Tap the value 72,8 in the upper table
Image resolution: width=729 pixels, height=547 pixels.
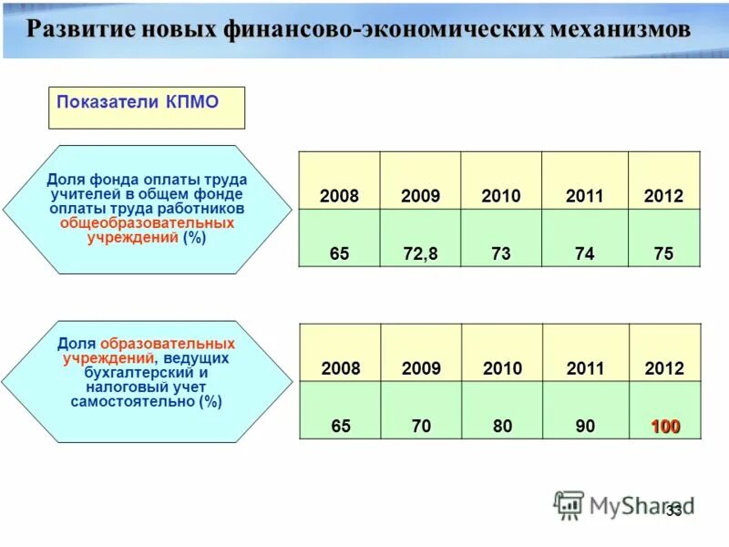(x=420, y=254)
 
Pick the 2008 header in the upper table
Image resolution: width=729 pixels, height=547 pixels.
(x=339, y=197)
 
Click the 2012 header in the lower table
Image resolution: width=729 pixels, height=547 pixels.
(x=663, y=369)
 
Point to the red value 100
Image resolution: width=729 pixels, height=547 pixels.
(x=664, y=427)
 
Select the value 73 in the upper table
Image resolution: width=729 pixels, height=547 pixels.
(x=501, y=254)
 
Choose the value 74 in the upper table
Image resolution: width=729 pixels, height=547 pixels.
(x=584, y=254)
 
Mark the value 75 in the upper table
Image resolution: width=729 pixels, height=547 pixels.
(x=663, y=254)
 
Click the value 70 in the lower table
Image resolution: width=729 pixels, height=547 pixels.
(x=420, y=427)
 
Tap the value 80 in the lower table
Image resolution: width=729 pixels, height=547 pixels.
(x=502, y=427)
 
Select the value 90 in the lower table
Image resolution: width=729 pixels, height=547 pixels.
(x=584, y=427)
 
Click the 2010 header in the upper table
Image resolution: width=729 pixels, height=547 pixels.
(x=501, y=197)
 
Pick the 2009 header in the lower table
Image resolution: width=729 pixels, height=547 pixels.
(x=420, y=369)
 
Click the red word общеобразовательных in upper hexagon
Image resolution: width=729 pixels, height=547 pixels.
(x=147, y=223)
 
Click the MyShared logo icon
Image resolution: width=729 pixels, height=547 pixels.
(x=569, y=504)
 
